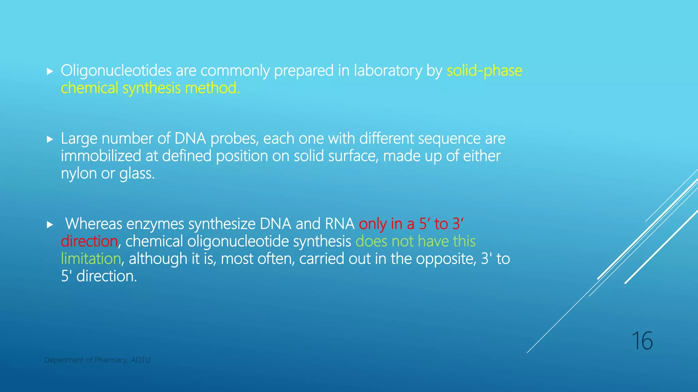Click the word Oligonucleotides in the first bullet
(116, 71)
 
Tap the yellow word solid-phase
(484, 71)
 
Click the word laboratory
(388, 71)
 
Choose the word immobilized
(101, 156)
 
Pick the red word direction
(89, 242)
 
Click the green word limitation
(91, 259)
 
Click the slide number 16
(642, 341)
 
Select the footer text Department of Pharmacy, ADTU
(97, 360)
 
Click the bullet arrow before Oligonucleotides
(50, 71)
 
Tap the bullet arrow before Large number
(50, 139)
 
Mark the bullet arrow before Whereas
(50, 225)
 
